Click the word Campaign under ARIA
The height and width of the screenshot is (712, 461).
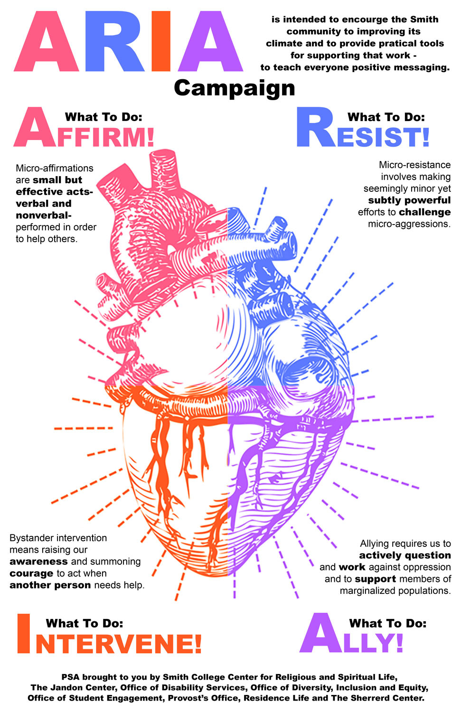(x=235, y=88)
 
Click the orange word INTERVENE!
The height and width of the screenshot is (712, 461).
(x=109, y=636)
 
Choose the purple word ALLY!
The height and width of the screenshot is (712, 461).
(x=351, y=635)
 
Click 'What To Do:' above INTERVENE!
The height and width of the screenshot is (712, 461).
(x=85, y=623)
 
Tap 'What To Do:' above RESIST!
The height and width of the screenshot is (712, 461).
(x=386, y=117)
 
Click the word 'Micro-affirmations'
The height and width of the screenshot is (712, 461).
(x=55, y=168)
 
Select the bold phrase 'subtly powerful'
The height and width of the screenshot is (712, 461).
(x=409, y=200)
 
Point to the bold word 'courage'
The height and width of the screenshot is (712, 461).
(x=31, y=573)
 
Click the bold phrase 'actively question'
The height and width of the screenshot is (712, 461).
(x=405, y=555)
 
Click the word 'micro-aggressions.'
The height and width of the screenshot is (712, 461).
(x=409, y=224)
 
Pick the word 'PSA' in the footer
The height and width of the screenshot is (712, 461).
(x=71, y=677)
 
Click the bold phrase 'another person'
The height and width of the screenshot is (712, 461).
(x=50, y=585)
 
